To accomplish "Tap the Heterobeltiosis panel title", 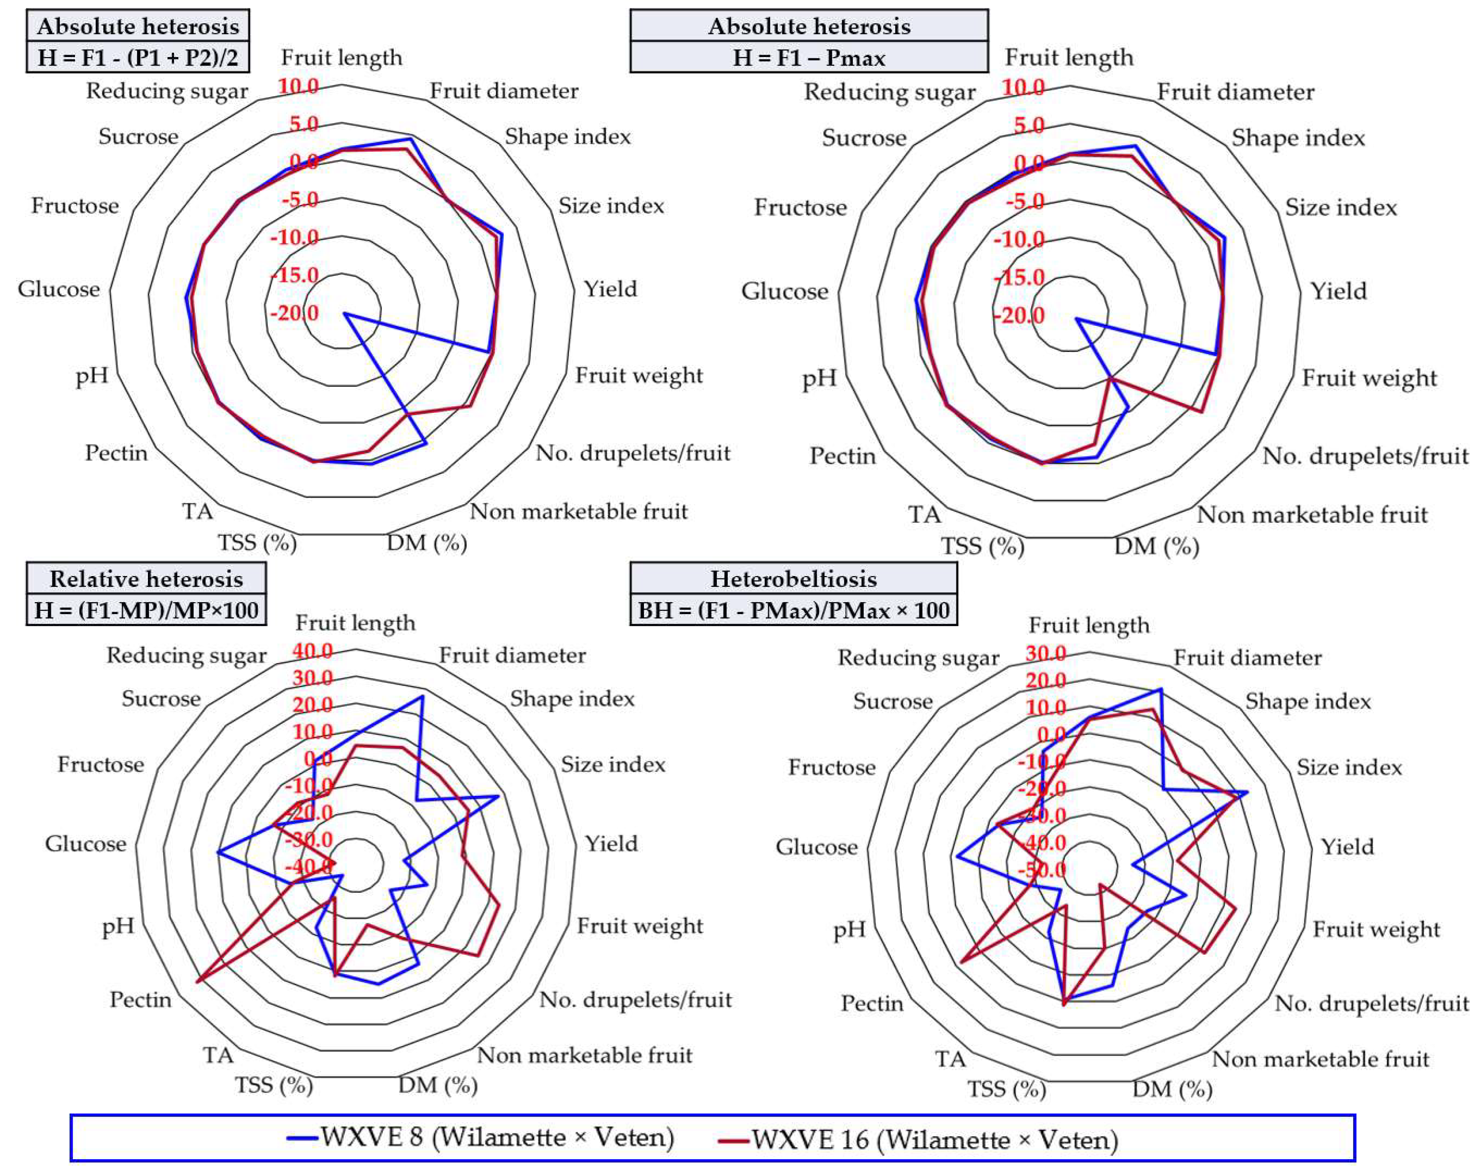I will [793, 578].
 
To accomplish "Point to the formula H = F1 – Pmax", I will [809, 58].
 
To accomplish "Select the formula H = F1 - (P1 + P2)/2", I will [138, 58].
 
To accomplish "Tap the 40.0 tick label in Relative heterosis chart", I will [312, 650].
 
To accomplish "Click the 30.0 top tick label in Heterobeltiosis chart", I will [1045, 653].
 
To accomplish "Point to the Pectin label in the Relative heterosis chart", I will [141, 999].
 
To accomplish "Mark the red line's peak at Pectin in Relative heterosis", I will [197, 981].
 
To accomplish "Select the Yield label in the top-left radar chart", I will [611, 288].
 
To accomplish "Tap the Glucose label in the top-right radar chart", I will [785, 291].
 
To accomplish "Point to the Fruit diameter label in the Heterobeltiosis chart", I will [1247, 658].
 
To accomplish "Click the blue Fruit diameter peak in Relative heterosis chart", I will [422, 696].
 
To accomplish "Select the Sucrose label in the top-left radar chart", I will [138, 136].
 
